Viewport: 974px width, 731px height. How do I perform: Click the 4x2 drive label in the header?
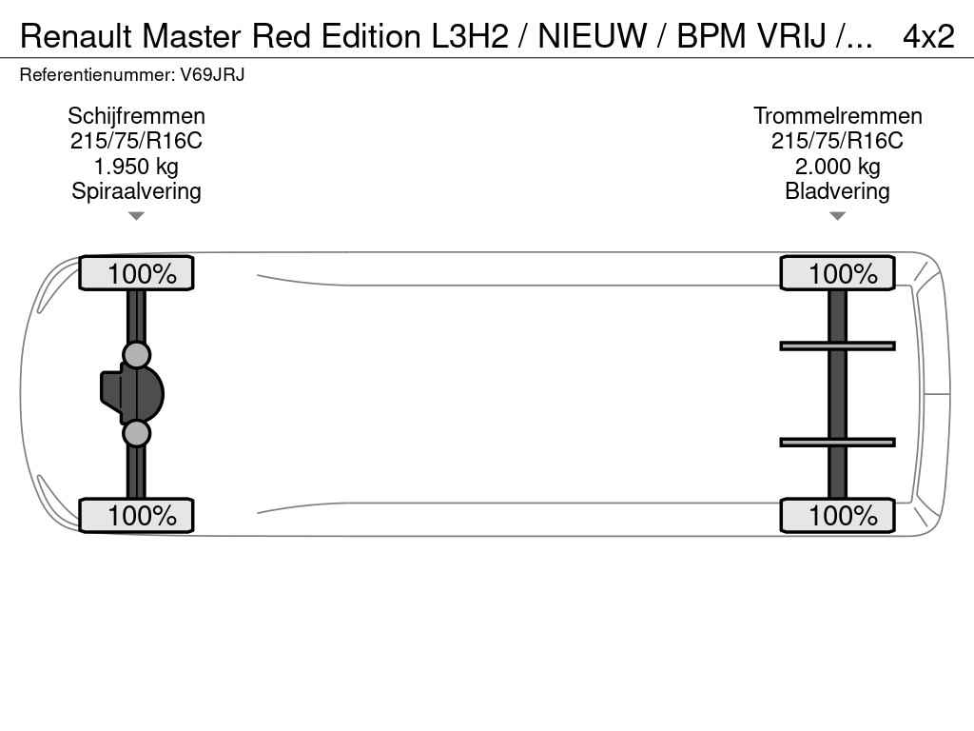[x=927, y=35]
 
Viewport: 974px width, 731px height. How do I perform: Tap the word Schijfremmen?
[x=136, y=116]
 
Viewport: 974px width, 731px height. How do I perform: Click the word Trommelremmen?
[x=837, y=116]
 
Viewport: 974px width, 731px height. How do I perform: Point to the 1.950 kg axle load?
[x=136, y=167]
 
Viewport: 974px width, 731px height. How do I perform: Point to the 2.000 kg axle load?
[x=837, y=167]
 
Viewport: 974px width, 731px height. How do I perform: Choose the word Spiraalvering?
[x=136, y=191]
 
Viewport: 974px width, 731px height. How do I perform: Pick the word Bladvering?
[x=837, y=191]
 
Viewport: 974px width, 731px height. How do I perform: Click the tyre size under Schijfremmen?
[x=136, y=141]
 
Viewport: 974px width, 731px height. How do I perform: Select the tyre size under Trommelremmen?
[x=837, y=141]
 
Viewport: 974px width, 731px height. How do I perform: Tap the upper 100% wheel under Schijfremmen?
[x=136, y=274]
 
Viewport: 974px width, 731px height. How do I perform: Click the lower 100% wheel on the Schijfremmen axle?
[x=136, y=516]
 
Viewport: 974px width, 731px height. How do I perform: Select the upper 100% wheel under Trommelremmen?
[x=837, y=274]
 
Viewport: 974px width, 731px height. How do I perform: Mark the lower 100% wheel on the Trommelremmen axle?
[x=837, y=516]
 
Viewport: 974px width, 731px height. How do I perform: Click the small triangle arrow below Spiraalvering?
[x=136, y=216]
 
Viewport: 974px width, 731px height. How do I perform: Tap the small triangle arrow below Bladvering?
[x=837, y=216]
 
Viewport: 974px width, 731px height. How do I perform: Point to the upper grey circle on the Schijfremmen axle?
[x=137, y=355]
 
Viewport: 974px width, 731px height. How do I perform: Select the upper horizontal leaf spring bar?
[x=837, y=346]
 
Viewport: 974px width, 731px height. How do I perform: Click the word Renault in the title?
[x=76, y=35]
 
